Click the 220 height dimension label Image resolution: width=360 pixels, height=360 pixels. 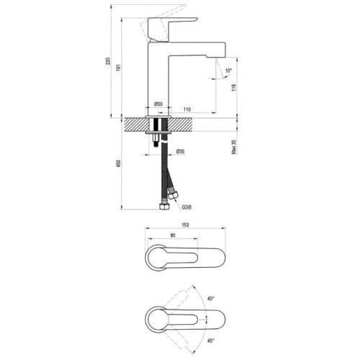coord(108,61)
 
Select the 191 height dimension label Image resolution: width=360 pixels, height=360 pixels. coord(118,68)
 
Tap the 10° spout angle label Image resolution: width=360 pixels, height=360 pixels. coord(229,71)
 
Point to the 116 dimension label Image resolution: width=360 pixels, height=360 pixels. coord(234,87)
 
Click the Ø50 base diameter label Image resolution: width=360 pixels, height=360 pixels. coord(158,104)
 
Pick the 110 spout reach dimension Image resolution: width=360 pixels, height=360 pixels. coord(187,109)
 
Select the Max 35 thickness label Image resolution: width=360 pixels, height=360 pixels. coord(234,147)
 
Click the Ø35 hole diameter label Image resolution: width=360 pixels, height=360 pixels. coord(180,151)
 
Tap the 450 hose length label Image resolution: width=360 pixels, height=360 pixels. coord(118,163)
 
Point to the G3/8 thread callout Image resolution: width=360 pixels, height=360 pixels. coord(186,207)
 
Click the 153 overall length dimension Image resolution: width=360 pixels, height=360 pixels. coord(185,225)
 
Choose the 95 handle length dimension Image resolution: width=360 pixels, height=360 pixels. coord(173,235)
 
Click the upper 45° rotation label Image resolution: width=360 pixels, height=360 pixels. coord(211,299)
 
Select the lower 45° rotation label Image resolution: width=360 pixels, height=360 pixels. coord(211,341)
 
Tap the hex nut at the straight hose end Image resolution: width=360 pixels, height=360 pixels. coord(164,207)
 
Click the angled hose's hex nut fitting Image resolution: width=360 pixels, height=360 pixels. coord(173,194)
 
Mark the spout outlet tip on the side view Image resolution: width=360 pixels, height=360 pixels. coord(216,57)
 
